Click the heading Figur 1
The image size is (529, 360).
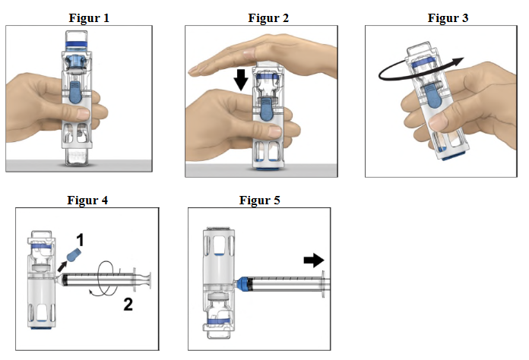click(x=89, y=17)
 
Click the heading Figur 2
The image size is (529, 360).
click(x=269, y=17)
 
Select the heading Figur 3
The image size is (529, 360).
click(x=448, y=17)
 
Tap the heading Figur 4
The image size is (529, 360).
click(x=89, y=200)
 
